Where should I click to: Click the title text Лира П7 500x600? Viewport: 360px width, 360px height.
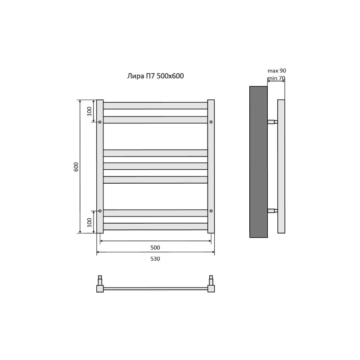tap(155, 76)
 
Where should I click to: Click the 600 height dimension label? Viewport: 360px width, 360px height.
tap(76, 167)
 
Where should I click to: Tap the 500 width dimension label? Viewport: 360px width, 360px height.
tap(155, 247)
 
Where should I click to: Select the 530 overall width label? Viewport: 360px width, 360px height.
tap(155, 259)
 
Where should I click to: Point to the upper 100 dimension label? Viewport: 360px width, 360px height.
tap(89, 111)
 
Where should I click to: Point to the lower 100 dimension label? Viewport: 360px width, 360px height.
tap(89, 222)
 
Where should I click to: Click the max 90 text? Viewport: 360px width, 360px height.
tap(277, 71)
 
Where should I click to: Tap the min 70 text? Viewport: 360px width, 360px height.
tap(277, 78)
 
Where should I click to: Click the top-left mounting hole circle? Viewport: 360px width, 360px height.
tap(100, 122)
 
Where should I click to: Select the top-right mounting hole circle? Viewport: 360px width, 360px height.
tap(211, 122)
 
